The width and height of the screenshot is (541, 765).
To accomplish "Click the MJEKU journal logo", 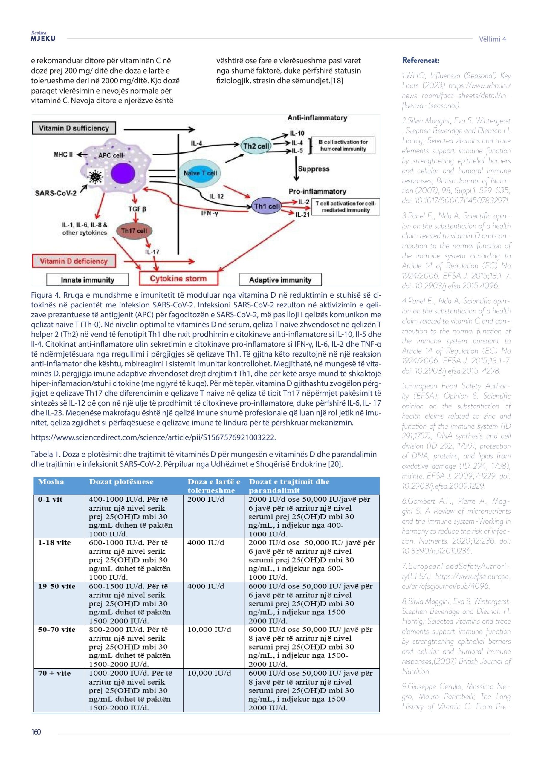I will click(x=43, y=37).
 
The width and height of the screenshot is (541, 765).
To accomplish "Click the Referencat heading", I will click(x=421, y=60).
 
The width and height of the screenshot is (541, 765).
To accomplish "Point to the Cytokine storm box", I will click(x=178, y=279).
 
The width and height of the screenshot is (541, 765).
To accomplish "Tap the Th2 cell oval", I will click(x=256, y=146).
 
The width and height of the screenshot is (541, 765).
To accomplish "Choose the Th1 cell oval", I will click(x=267, y=206).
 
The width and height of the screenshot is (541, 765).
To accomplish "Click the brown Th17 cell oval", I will click(x=134, y=231).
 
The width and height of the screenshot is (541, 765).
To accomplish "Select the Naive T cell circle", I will click(x=200, y=173).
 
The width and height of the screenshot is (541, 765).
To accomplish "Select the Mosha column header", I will click(x=51, y=482).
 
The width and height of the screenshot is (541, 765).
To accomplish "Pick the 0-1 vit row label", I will click(x=50, y=499).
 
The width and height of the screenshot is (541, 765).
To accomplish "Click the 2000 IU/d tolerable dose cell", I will click(x=206, y=499).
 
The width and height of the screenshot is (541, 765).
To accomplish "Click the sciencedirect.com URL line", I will click(x=153, y=437).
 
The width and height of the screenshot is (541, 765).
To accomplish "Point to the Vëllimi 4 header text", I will click(x=492, y=39).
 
